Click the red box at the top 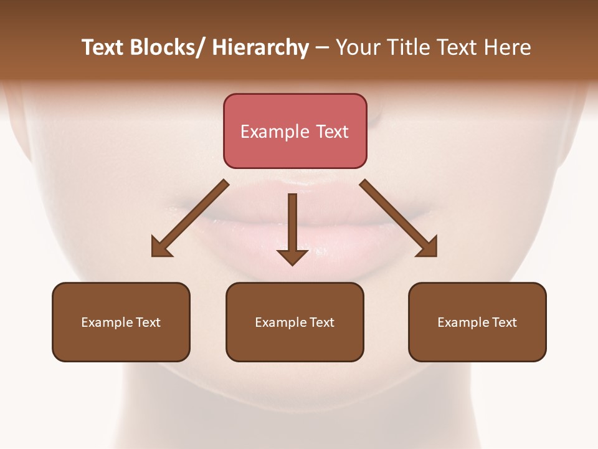tap(295, 131)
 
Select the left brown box tap(121, 322)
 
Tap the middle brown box tap(295, 322)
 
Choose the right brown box tap(477, 322)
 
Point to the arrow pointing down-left tap(190, 218)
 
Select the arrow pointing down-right tap(399, 218)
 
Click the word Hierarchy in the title tap(260, 48)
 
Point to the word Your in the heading tap(358, 48)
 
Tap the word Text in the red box tap(331, 132)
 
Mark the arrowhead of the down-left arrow tap(161, 247)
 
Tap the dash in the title tap(322, 48)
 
